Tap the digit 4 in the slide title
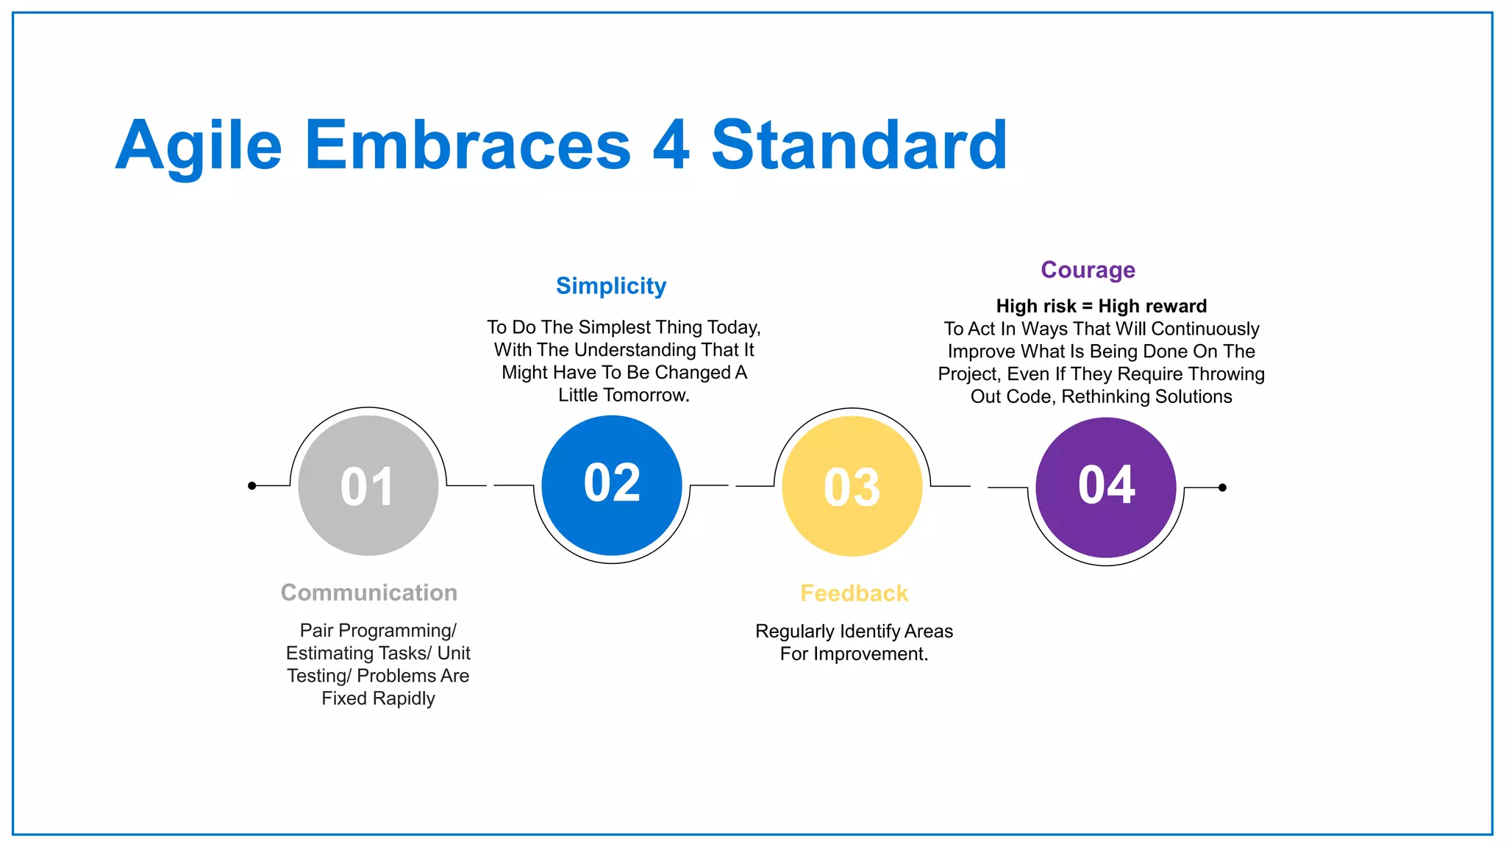(x=671, y=146)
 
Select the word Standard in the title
(x=859, y=146)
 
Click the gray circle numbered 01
(x=368, y=486)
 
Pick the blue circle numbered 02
(x=612, y=485)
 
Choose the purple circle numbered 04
(x=1106, y=487)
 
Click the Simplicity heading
(x=611, y=285)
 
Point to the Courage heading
(x=1088, y=270)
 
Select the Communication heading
(x=369, y=593)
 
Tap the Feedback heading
(x=854, y=593)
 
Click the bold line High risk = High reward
(x=1101, y=306)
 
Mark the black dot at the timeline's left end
(x=252, y=485)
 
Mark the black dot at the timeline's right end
(x=1222, y=487)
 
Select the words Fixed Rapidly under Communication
(x=378, y=698)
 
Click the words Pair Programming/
(x=378, y=631)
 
